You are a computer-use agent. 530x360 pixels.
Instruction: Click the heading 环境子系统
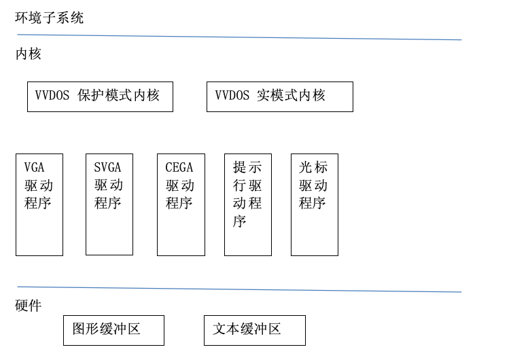[50, 18]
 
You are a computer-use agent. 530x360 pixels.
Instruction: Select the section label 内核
[29, 54]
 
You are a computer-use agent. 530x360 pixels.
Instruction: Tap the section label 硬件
[29, 306]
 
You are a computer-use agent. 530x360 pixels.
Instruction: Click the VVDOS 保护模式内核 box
[100, 96]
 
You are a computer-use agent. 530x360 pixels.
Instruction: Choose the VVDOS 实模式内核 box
[279, 96]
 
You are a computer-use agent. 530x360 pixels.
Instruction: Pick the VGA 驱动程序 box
[39, 204]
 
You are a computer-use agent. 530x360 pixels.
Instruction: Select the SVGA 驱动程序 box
[109, 204]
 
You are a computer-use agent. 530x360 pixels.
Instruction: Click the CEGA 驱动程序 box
[181, 204]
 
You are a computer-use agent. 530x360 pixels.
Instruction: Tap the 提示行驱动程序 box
[248, 204]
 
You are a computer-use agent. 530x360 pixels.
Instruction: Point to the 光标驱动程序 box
[315, 204]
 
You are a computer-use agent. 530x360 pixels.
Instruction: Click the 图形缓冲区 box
[113, 330]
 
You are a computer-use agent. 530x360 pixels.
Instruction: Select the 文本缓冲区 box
[254, 330]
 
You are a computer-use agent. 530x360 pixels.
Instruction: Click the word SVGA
[107, 168]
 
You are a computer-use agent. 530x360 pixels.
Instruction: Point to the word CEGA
[179, 168]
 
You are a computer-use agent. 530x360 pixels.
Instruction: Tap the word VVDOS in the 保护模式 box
[52, 96]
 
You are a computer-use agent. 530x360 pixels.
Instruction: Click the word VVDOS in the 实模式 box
[232, 96]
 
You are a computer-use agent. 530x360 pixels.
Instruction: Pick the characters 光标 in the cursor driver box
[313, 168]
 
